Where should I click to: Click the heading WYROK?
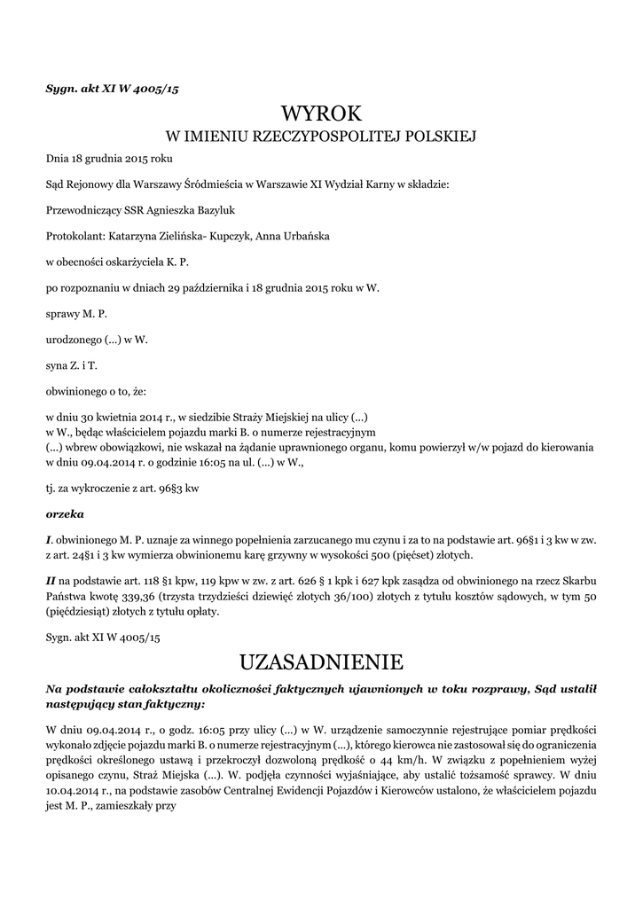321,113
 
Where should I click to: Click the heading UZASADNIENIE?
321,661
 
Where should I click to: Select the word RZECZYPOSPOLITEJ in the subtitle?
327,137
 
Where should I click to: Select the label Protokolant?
74,237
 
